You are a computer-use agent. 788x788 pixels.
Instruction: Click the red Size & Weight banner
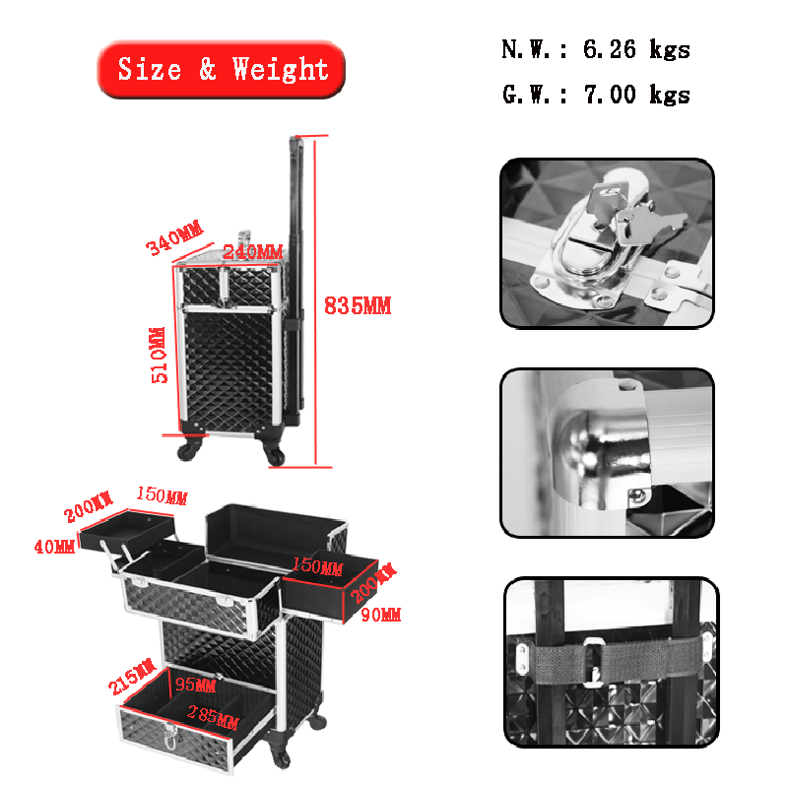tap(221, 69)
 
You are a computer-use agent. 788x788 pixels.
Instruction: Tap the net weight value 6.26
tap(609, 49)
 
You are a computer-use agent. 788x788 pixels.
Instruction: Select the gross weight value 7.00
tap(610, 95)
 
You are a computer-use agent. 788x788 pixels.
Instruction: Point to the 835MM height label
tap(358, 305)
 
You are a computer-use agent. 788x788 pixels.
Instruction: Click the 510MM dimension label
tap(159, 355)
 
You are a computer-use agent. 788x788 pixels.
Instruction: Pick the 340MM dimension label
tap(174, 237)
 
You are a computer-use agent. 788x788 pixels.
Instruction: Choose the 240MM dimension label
tap(252, 252)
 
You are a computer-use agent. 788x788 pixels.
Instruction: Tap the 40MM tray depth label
tap(54, 547)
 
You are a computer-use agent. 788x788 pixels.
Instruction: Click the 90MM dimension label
tap(381, 614)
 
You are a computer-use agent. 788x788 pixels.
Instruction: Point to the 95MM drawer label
tap(195, 685)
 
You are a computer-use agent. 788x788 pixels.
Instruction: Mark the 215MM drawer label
tap(132, 676)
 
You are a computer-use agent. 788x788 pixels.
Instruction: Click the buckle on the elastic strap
tap(595, 662)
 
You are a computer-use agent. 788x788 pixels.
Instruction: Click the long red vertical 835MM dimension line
tap(315, 301)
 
